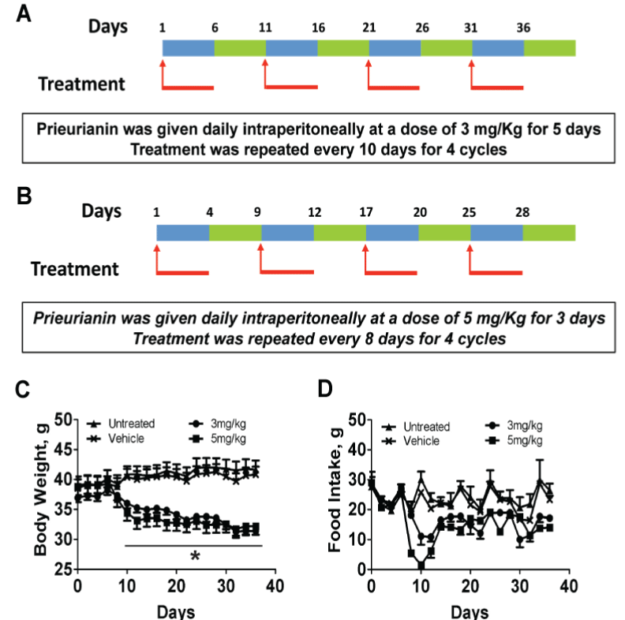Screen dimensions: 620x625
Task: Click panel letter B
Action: [24, 196]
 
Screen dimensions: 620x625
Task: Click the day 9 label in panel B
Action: [261, 212]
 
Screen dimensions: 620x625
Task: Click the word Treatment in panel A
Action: [83, 83]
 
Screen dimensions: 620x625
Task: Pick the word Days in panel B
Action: [102, 211]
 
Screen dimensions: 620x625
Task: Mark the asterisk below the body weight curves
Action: [195, 556]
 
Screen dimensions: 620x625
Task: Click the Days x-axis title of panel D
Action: [470, 611]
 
